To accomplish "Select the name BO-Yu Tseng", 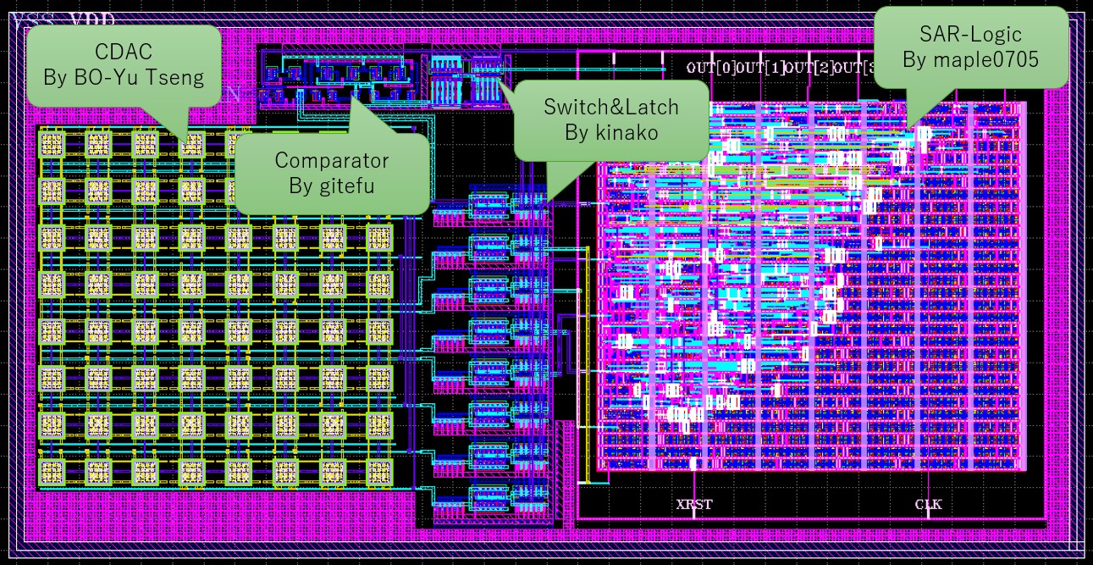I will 124,78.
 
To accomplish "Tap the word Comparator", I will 332,160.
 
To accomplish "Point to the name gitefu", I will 332,184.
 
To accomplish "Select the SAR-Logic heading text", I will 970,35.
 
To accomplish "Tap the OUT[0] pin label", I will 712,68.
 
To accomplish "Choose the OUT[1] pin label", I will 761,68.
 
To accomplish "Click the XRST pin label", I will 694,505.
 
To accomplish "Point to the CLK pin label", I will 928,505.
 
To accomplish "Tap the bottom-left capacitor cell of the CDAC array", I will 52,470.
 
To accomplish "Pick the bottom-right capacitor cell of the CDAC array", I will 378,470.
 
